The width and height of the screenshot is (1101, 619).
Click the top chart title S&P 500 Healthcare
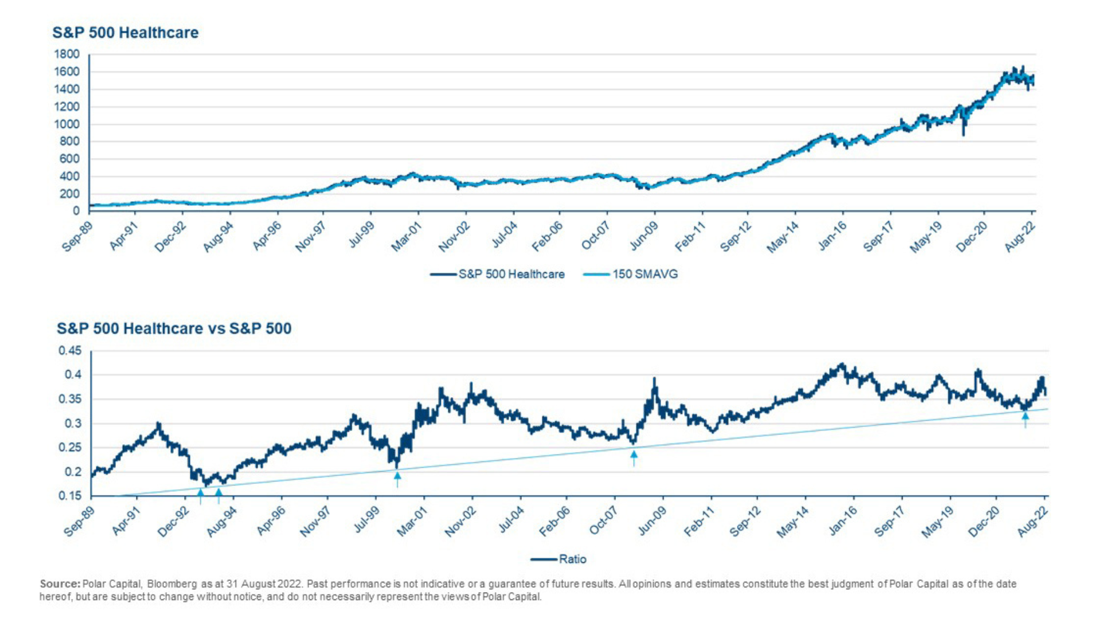tap(125, 33)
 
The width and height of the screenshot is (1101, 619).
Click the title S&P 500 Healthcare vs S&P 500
tap(174, 328)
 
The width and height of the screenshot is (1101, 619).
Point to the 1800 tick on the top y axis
tap(67, 54)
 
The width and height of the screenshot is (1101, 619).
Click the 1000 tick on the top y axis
tap(67, 124)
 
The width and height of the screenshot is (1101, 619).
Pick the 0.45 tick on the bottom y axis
tap(70, 351)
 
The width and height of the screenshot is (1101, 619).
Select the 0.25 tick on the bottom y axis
tap(70, 448)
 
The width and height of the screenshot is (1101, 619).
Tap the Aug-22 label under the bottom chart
tap(1033, 522)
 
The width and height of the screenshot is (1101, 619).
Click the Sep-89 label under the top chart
tap(77, 236)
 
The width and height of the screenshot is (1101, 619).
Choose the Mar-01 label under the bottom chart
tap(412, 522)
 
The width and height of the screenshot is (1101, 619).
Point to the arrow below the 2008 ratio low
tap(634, 457)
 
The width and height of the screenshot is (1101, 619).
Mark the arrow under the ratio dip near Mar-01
tap(397, 478)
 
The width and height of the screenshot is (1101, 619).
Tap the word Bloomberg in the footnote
tap(172, 584)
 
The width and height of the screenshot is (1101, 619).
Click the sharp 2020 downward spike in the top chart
tap(963, 133)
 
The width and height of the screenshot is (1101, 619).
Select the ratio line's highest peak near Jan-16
tap(842, 363)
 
